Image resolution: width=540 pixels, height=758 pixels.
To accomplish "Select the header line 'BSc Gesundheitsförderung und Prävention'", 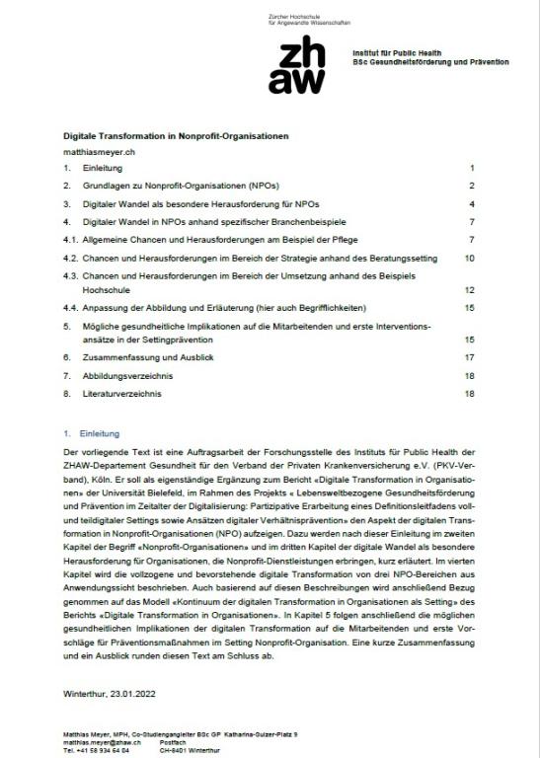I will click(x=430, y=61).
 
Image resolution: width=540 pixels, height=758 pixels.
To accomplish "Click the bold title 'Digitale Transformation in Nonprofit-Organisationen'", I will click(x=176, y=133).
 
